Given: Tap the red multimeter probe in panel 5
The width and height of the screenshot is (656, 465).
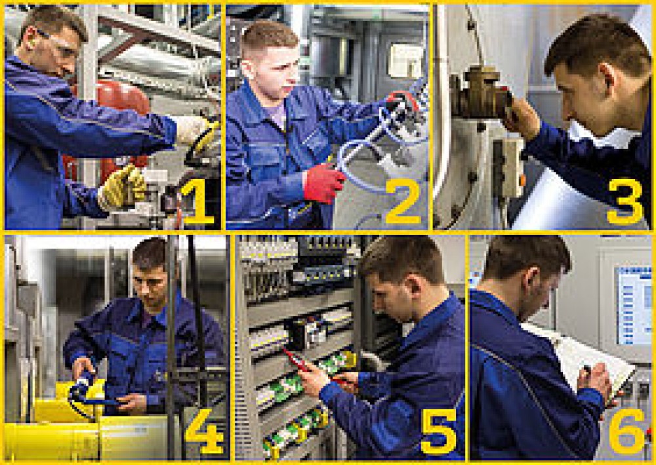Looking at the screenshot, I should pyautogui.click(x=295, y=359).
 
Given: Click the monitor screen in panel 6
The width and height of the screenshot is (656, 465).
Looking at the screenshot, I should pyautogui.click(x=633, y=305).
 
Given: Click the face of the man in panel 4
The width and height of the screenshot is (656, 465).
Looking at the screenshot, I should pyautogui.click(x=150, y=279).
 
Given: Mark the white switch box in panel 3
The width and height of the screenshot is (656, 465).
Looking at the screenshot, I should pyautogui.click(x=512, y=167).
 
